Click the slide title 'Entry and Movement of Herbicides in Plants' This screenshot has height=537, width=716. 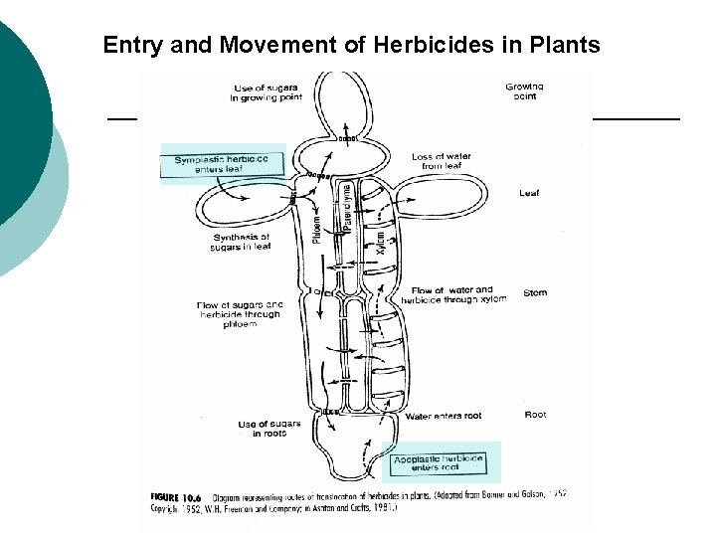click(x=351, y=45)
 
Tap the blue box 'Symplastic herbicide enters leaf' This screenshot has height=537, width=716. click(x=222, y=164)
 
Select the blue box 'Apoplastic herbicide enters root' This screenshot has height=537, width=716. click(x=439, y=462)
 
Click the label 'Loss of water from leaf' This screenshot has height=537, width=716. click(x=442, y=161)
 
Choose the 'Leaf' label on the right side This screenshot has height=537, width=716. click(x=529, y=193)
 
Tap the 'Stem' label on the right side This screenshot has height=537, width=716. click(x=535, y=292)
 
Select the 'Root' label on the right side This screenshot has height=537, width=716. click(x=535, y=415)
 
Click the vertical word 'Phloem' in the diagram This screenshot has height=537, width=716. click(x=317, y=224)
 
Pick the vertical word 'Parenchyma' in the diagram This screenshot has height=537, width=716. click(x=346, y=207)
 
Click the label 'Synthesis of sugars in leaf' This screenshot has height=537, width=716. click(x=242, y=242)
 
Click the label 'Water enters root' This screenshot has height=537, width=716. click(x=444, y=417)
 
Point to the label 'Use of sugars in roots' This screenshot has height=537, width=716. click(x=263, y=429)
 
